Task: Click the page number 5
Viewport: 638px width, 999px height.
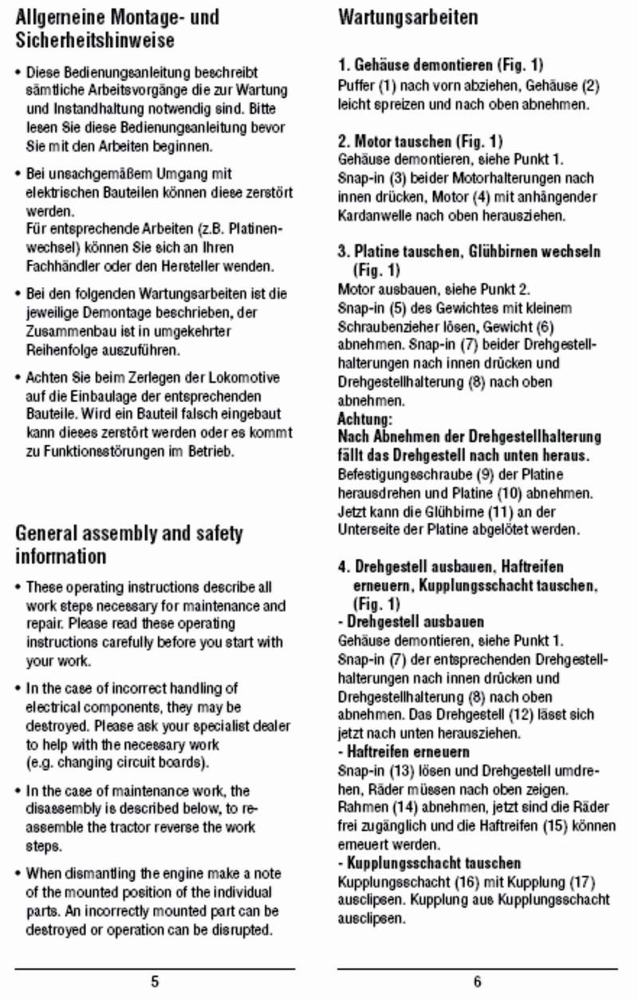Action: coord(155,981)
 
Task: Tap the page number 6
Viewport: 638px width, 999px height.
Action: coord(477,981)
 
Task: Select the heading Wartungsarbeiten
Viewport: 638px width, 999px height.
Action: coord(408,17)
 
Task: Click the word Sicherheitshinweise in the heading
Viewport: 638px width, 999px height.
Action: coord(95,39)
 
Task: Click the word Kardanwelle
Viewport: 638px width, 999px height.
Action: coord(374,215)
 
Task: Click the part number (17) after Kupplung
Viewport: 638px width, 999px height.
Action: coord(581,882)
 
